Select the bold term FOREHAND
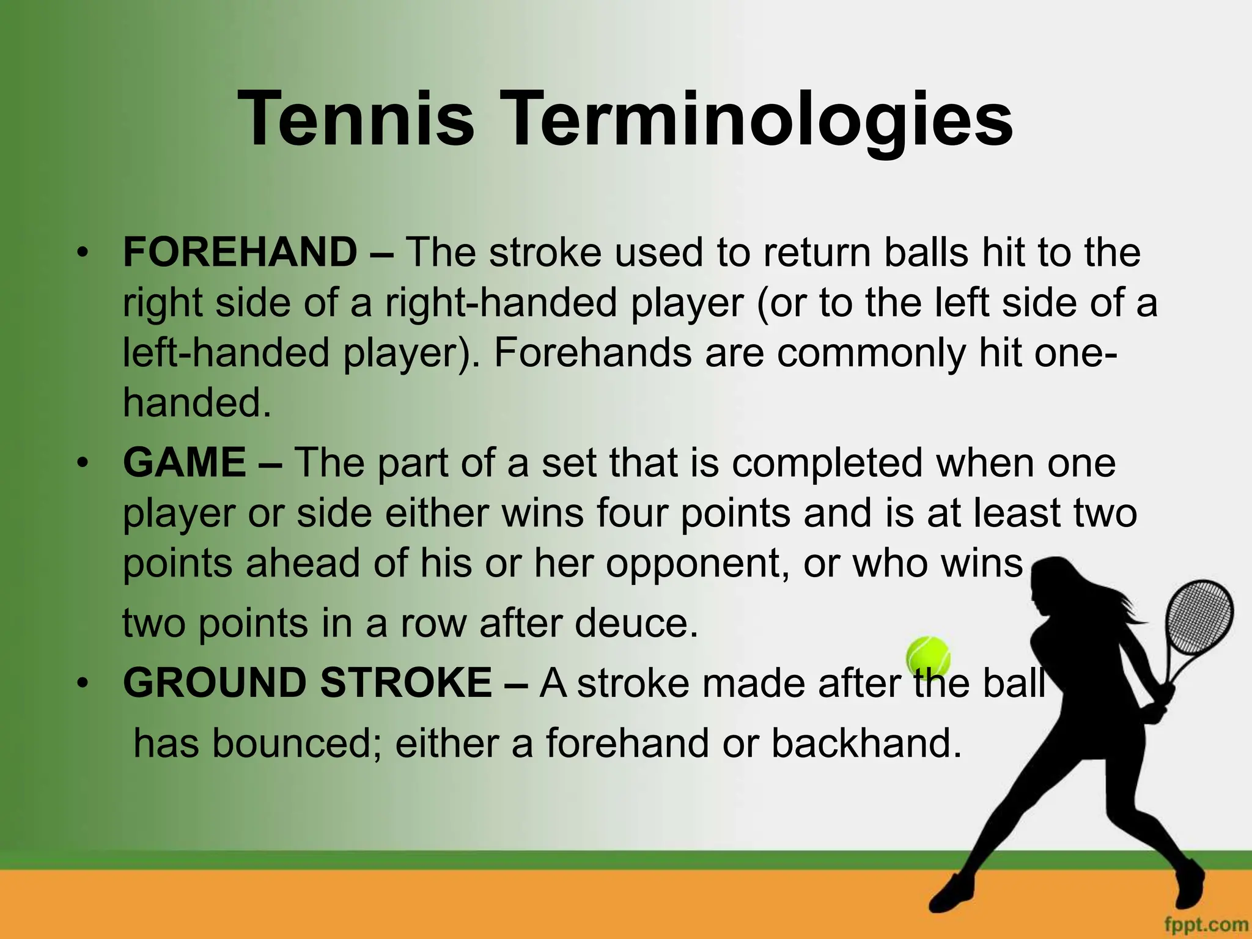click(x=240, y=252)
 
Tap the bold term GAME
click(x=185, y=462)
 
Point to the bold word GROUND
click(x=214, y=683)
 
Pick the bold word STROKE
click(x=406, y=683)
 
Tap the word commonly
click(x=871, y=353)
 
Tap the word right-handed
click(x=501, y=303)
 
